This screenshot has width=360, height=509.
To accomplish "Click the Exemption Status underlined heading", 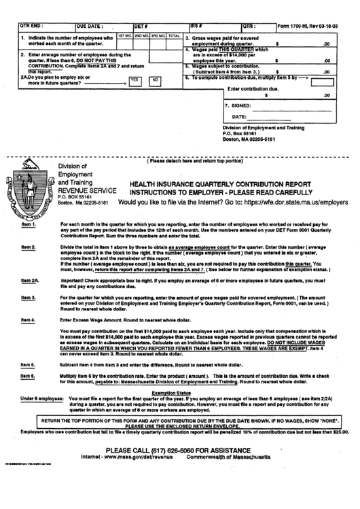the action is [170, 392].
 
